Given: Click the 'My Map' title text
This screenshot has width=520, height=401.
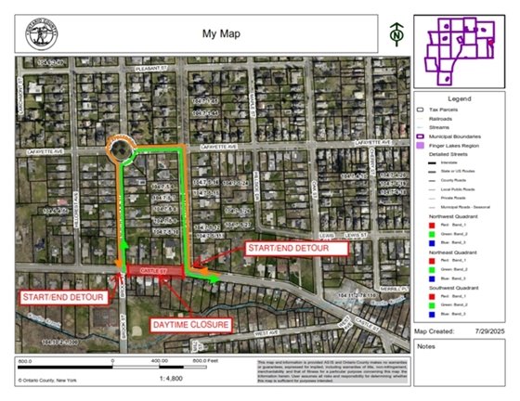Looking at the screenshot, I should [221, 33].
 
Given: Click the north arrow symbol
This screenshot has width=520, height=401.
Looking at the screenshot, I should [396, 32].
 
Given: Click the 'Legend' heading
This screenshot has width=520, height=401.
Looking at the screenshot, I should [460, 98].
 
